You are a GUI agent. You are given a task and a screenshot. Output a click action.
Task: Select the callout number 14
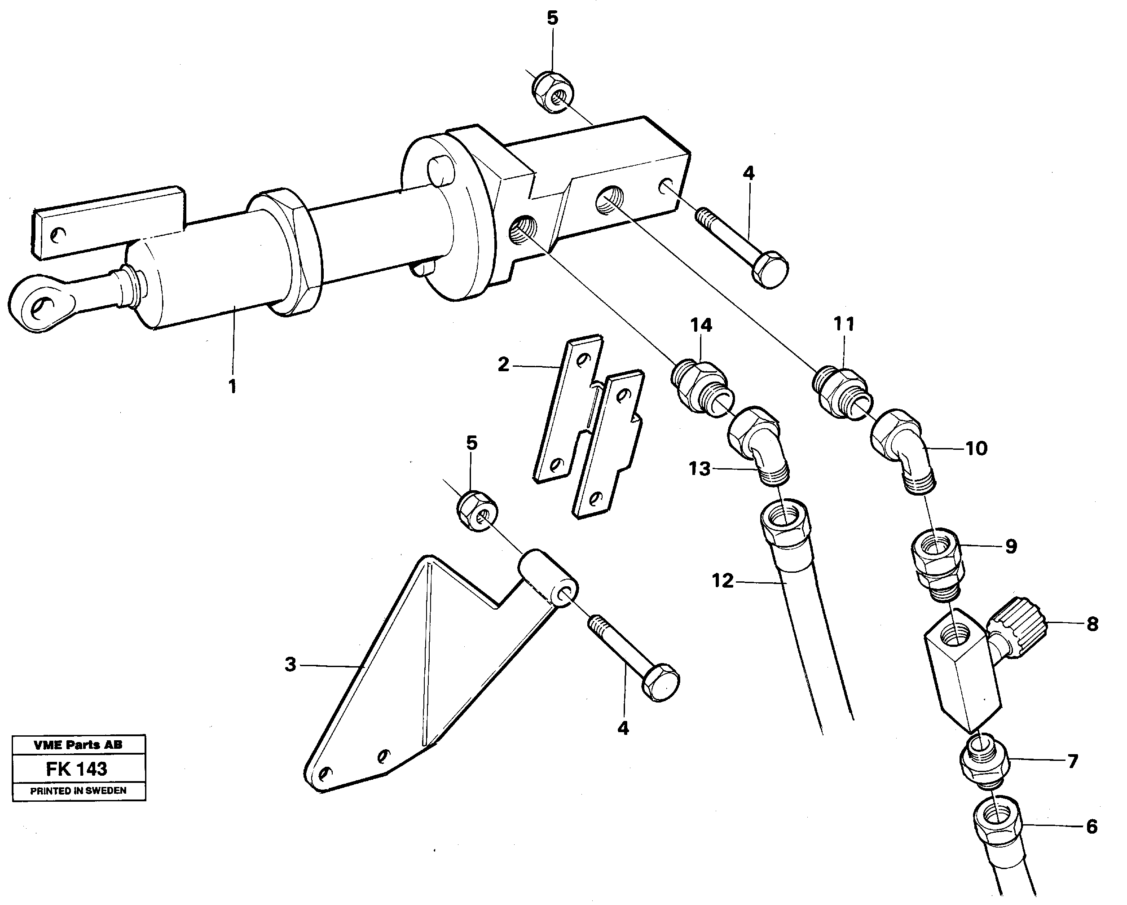point(701,325)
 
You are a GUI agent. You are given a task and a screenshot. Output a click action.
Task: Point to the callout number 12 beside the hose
point(723,580)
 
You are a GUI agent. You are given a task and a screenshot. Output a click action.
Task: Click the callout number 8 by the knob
point(1092,624)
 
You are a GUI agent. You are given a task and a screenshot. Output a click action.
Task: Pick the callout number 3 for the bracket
point(290,665)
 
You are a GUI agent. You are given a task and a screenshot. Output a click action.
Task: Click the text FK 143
point(76,769)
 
